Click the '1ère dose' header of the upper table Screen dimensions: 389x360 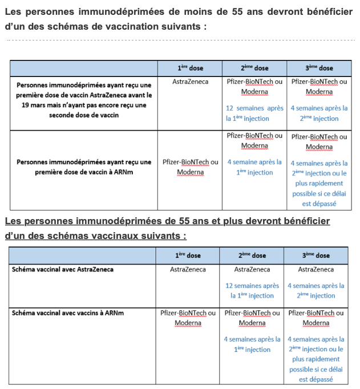coord(190,68)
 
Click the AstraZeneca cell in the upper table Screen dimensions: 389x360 coord(190,82)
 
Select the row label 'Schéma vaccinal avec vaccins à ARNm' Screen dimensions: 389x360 coord(67,313)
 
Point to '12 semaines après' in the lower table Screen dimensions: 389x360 coord(252,286)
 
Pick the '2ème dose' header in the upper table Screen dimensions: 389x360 coord(254,68)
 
